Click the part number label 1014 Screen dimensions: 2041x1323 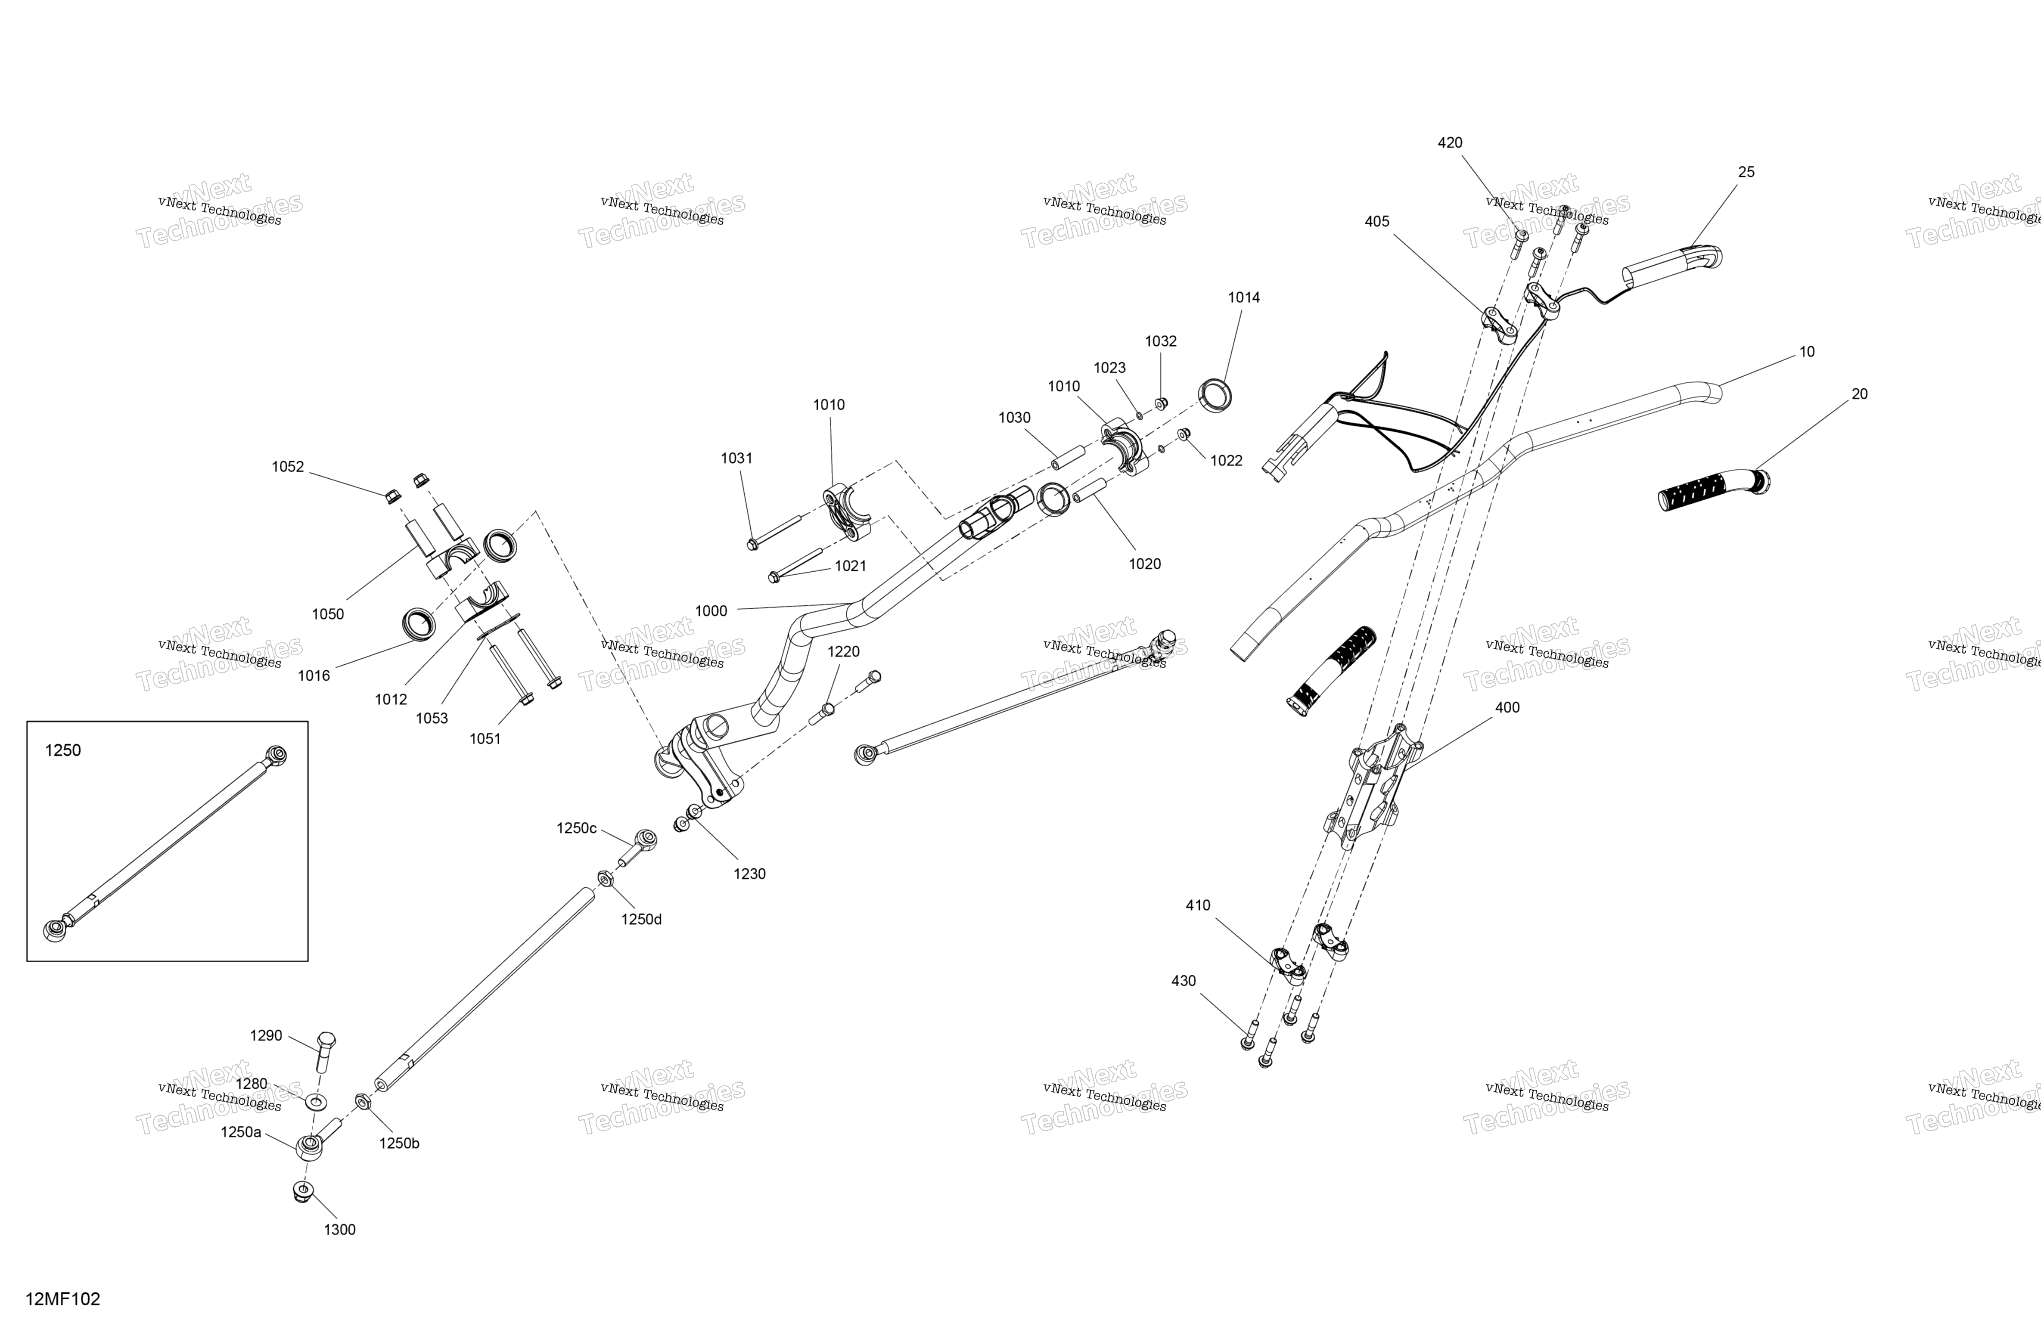pos(1243,297)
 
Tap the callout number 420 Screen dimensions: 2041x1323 pos(1450,143)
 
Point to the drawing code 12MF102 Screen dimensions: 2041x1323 pos(62,1299)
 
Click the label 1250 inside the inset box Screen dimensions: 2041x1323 pos(62,750)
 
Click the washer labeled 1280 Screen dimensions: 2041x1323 pos(316,1101)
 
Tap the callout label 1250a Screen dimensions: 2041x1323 pos(241,1132)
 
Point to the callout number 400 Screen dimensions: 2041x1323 pos(1507,707)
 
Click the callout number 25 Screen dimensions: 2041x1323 pos(1746,171)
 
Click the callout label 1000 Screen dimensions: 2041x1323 pos(711,610)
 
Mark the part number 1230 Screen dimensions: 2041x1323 pos(749,874)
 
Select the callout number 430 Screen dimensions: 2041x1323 pos(1184,980)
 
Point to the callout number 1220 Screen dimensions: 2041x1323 pos(843,652)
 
